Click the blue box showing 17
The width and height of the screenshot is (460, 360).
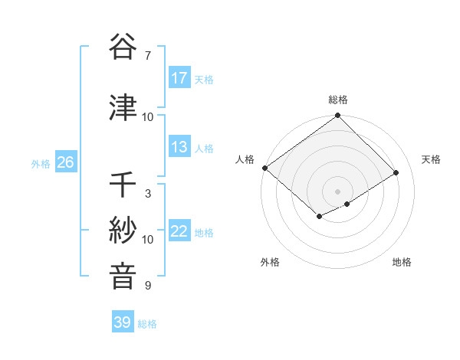pos(179,78)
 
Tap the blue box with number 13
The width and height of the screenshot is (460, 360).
pos(179,147)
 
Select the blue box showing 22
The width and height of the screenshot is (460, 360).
pos(179,231)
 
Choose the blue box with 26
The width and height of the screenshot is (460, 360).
pos(65,162)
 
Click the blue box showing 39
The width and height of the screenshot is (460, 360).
pos(123,322)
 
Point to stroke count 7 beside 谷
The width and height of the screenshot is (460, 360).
pos(147,56)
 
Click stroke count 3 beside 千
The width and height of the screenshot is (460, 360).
pos(147,194)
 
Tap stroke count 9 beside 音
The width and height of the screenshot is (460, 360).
pos(147,286)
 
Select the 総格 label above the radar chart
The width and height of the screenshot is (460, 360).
pos(338,100)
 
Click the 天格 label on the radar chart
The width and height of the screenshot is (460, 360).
pos(432,159)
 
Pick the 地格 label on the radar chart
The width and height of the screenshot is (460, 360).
pos(402,263)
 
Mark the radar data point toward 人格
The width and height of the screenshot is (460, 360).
pos(264,168)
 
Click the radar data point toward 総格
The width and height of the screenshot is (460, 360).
pos(338,116)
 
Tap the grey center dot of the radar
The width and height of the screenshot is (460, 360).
pos(337,191)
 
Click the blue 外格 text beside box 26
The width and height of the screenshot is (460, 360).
pos(41,163)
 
